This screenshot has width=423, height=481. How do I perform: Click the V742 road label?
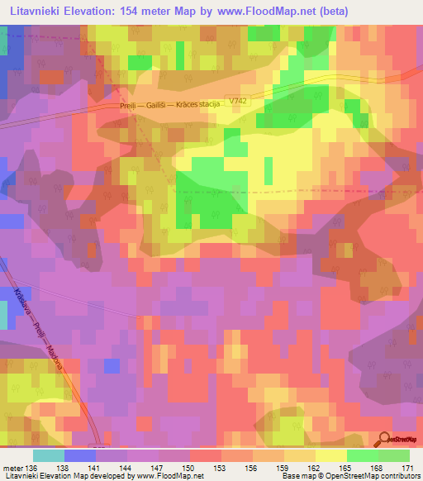pos(239,101)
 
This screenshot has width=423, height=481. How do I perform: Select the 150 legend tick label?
pos(189,468)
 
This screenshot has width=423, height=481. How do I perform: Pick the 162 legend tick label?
pos(315,468)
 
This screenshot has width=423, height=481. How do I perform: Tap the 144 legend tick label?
pos(126,468)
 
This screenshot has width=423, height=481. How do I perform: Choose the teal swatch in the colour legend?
pos(49,455)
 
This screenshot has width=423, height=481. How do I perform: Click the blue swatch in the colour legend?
pos(80,455)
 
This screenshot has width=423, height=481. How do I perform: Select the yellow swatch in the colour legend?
pos(330,455)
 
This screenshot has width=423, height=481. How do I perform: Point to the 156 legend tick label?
pos(252,468)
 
